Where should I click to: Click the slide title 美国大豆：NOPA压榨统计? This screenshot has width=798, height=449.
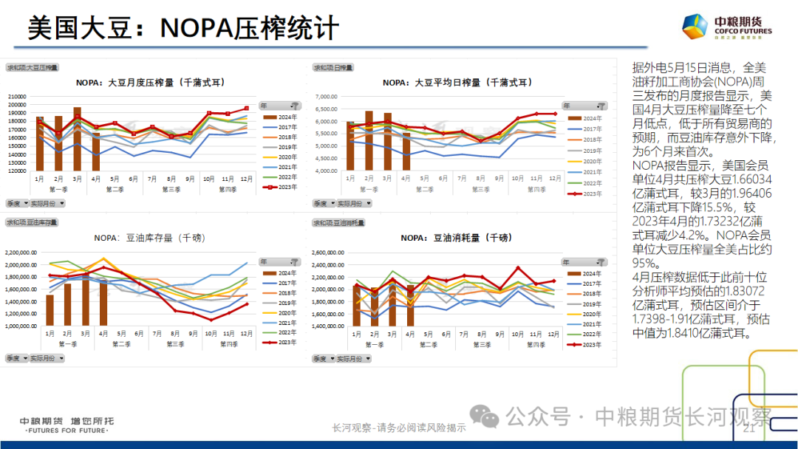click(x=183, y=29)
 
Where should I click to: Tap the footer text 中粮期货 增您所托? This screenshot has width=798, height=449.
click(x=66, y=421)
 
